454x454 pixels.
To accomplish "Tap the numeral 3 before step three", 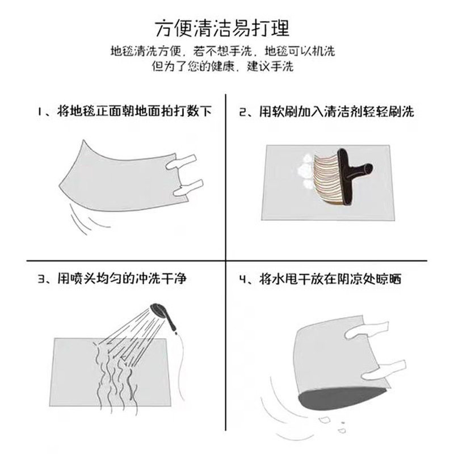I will point(40,280).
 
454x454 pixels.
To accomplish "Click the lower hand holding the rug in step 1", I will point(187,188).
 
